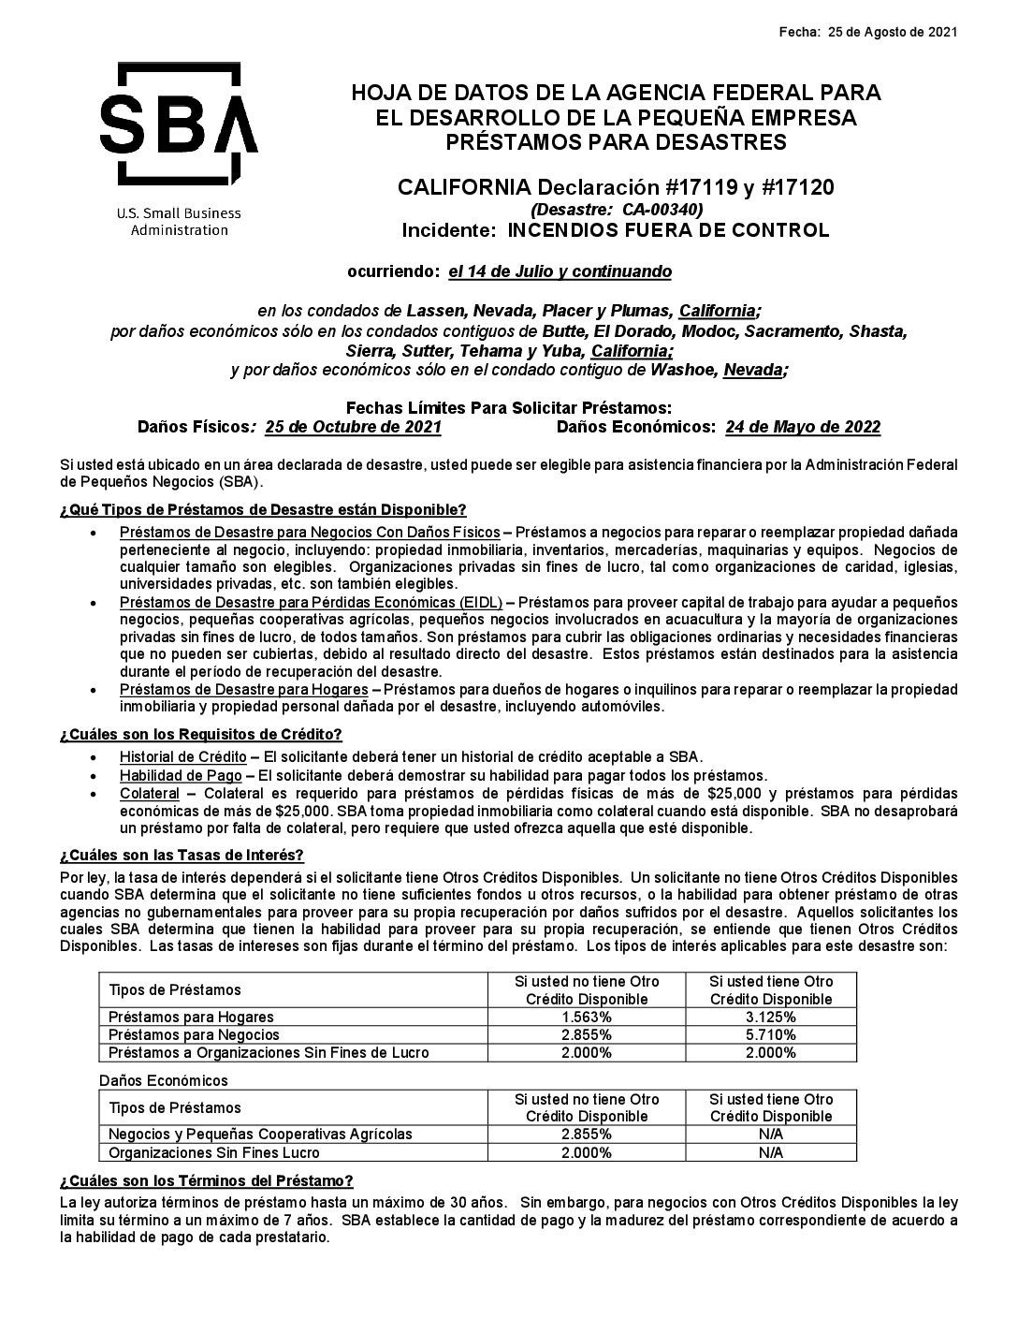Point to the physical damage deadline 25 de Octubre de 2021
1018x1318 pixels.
[x=353, y=428]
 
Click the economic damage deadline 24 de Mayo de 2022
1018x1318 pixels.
[x=802, y=428]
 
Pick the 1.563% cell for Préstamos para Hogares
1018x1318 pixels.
[x=587, y=1017]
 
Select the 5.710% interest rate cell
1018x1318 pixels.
[x=771, y=1034]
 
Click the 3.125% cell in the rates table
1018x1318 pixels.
[x=771, y=1017]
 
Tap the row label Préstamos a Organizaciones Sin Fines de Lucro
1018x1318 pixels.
[x=269, y=1052]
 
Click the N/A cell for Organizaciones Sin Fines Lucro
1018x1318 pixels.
[x=771, y=1152]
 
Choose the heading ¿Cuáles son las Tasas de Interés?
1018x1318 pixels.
[x=182, y=856]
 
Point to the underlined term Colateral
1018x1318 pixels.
[x=149, y=793]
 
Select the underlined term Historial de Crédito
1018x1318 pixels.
[x=182, y=756]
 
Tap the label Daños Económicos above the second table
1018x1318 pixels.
[x=164, y=1080]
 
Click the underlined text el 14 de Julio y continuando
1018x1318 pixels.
[x=560, y=272]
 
